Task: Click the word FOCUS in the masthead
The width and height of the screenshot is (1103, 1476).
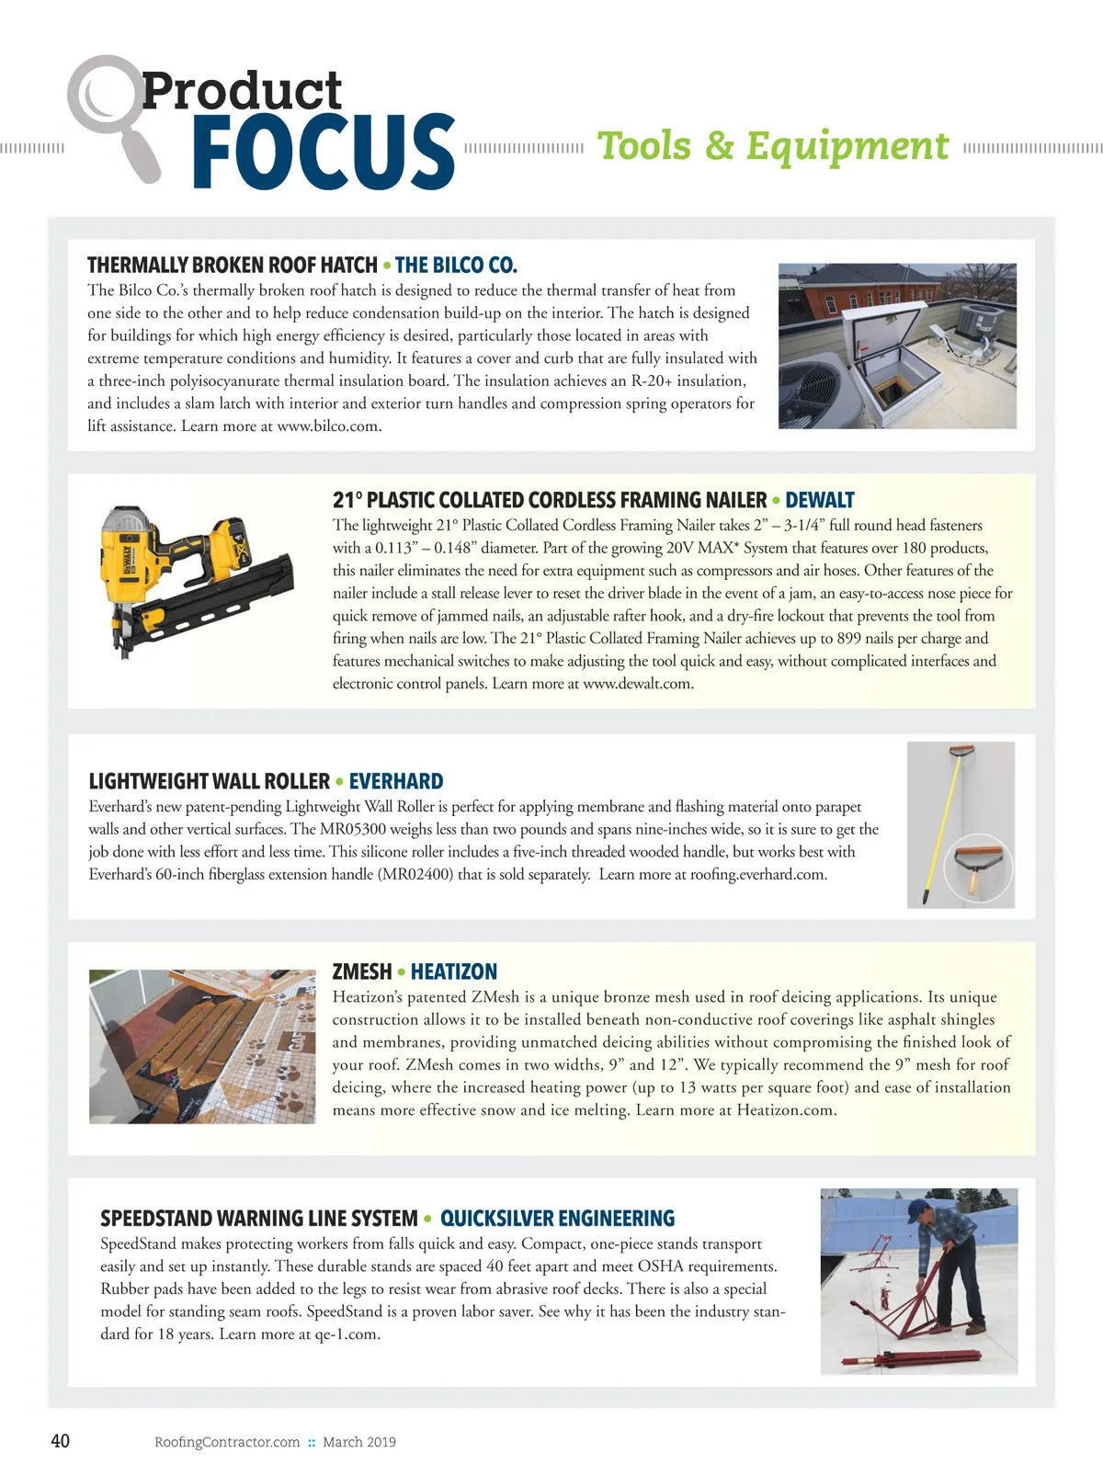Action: click(324, 152)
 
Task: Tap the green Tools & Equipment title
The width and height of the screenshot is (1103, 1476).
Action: click(773, 146)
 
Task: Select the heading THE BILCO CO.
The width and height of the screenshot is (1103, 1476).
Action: click(456, 266)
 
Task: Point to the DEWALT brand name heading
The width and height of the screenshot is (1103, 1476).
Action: click(820, 500)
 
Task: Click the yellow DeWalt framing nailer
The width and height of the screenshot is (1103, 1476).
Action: click(193, 579)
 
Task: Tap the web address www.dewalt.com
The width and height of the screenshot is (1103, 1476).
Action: click(637, 684)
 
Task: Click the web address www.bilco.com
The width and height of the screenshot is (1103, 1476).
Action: click(328, 426)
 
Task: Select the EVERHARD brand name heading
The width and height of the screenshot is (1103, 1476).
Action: click(396, 781)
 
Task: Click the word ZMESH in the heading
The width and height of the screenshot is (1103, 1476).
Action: click(362, 971)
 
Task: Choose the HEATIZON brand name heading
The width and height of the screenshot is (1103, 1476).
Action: click(454, 971)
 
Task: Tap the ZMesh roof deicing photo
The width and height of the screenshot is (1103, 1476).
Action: click(202, 1046)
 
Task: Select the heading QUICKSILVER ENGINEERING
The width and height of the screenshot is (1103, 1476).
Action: click(557, 1219)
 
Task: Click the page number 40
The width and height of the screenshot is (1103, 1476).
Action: click(60, 1441)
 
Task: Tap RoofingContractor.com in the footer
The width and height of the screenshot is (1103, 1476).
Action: click(227, 1442)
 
